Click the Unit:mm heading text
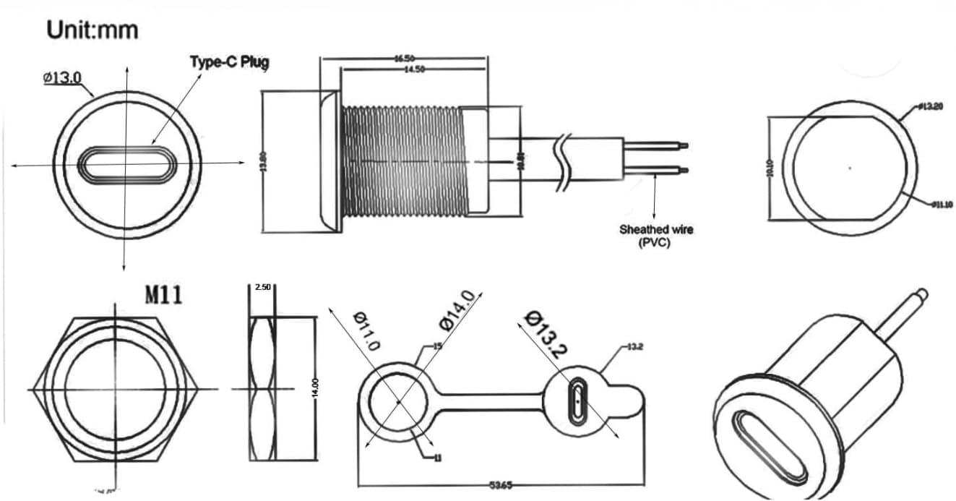92,30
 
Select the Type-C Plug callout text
229,62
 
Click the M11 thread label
164,294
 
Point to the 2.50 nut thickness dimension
262,288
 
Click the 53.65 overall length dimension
501,485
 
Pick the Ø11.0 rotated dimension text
366,331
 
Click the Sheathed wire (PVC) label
655,236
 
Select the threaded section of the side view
401,160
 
